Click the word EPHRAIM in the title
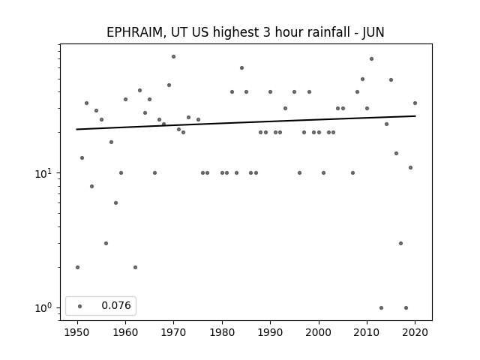[x=134, y=32]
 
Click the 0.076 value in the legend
[x=116, y=305]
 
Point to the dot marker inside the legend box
[x=80, y=306]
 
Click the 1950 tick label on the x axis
[x=77, y=332]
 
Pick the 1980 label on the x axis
[x=222, y=332]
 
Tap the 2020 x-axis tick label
[x=415, y=332]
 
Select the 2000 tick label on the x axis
[x=319, y=332]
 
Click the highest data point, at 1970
[x=173, y=57]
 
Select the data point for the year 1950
[x=77, y=267]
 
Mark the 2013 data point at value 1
[x=381, y=307]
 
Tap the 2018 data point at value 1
[x=406, y=307]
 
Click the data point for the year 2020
[x=415, y=103]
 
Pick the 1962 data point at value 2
[x=135, y=267]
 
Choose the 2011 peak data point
[x=372, y=58]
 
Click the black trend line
[x=246, y=122]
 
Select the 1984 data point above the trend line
[x=241, y=68]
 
